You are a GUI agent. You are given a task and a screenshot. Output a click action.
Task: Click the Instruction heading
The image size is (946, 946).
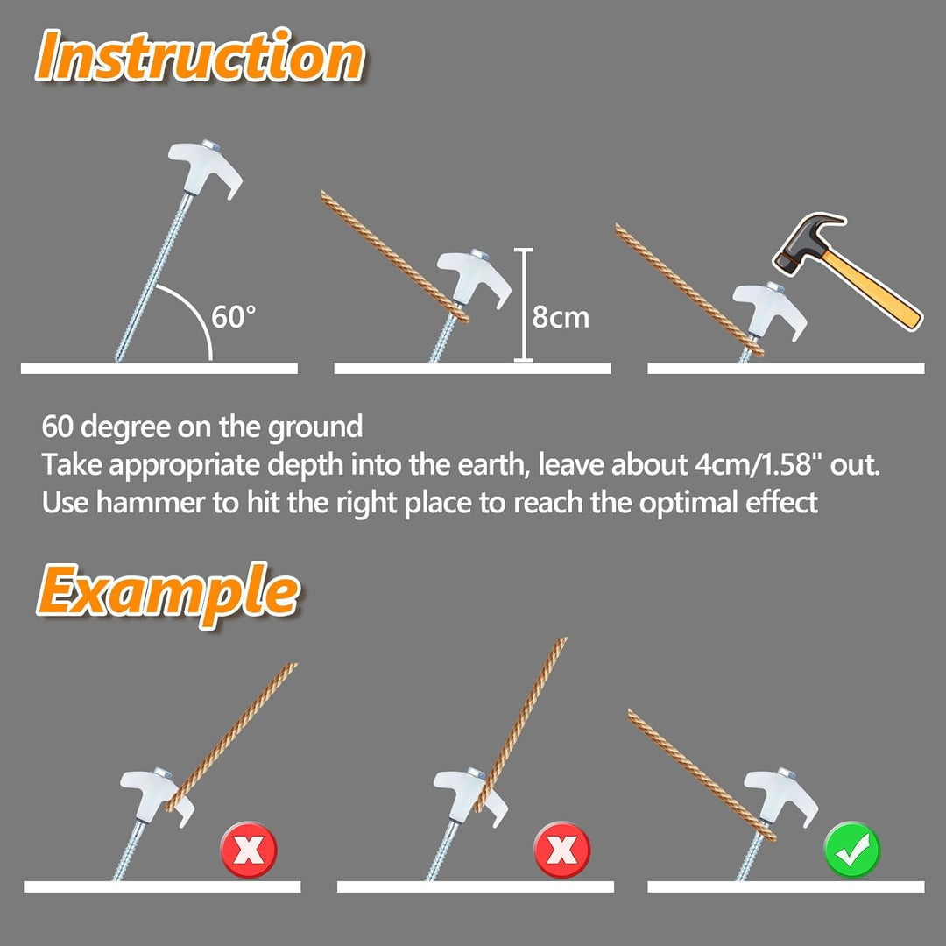[x=200, y=58]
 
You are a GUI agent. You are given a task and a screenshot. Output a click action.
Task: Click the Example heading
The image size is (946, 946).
[x=166, y=592]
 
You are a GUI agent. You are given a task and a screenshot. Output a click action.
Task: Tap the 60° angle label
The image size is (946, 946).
[x=234, y=316]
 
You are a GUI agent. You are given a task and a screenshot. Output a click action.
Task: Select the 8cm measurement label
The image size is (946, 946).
[x=561, y=316]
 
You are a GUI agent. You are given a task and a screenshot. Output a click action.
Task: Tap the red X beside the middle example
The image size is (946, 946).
[x=561, y=848]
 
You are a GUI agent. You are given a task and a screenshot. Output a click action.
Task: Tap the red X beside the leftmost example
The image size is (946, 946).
[x=248, y=848]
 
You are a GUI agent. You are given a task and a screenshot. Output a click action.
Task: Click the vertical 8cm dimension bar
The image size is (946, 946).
[x=524, y=305]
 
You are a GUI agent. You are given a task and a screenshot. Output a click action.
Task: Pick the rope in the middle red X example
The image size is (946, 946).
[x=521, y=718]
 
